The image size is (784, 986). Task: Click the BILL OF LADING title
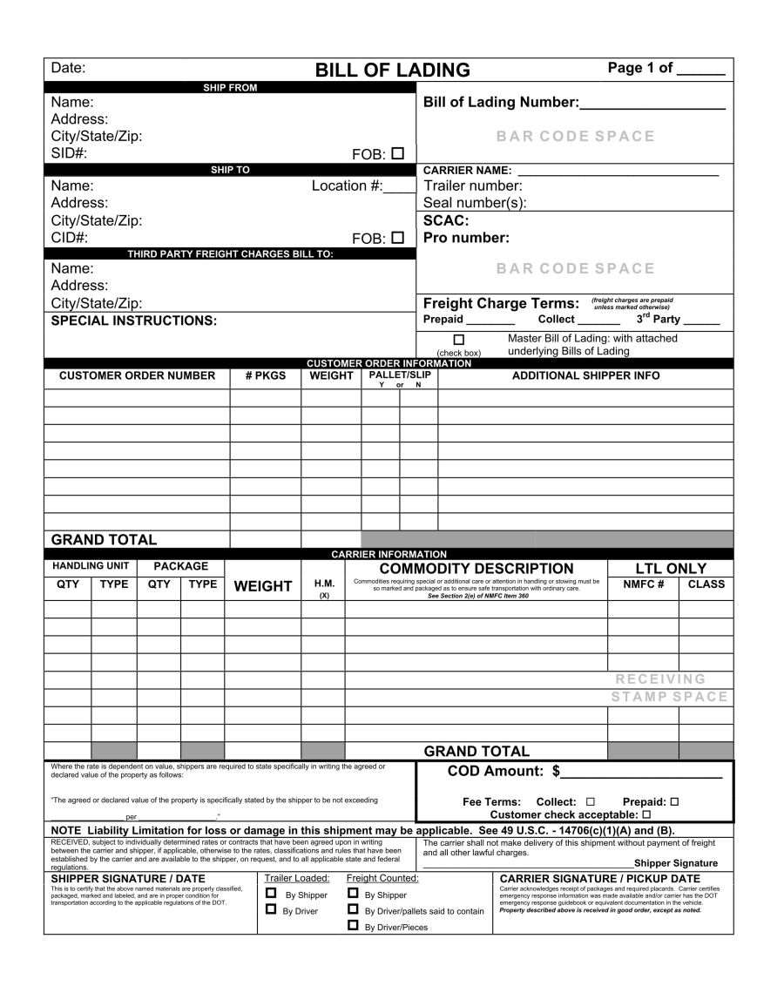392,70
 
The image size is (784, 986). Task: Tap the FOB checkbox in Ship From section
398,153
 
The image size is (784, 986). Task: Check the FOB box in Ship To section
398,236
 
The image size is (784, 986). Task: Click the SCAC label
446,220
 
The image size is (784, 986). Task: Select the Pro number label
466,237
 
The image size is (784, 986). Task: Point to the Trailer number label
472,186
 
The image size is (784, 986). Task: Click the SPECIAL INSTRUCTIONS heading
133,321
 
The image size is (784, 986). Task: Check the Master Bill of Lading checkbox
459,340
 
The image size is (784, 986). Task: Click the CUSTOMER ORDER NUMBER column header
137,375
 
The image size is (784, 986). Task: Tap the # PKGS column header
265,375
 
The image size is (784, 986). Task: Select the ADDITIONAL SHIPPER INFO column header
585,375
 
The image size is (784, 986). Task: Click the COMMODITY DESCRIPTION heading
476,569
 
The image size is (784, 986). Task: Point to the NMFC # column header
643,584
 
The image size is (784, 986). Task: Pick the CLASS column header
706,584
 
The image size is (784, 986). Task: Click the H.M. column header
324,584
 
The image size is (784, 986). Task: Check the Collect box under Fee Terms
591,801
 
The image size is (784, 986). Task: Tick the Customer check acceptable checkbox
646,814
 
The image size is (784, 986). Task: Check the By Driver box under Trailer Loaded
271,910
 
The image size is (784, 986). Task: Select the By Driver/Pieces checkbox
353,926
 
